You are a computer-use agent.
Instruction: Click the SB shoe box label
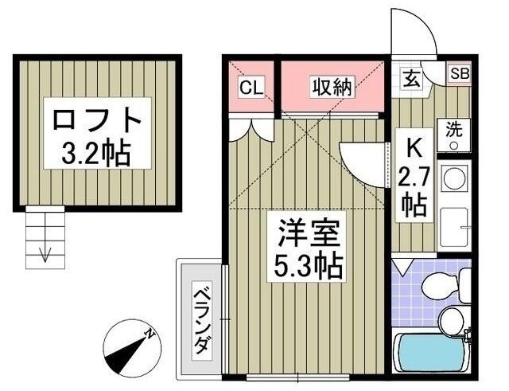[460, 73]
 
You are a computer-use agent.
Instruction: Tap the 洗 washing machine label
[454, 129]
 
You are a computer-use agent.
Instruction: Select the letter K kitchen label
[414, 148]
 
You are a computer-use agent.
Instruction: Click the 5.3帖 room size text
[309, 264]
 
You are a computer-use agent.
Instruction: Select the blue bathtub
[433, 355]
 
